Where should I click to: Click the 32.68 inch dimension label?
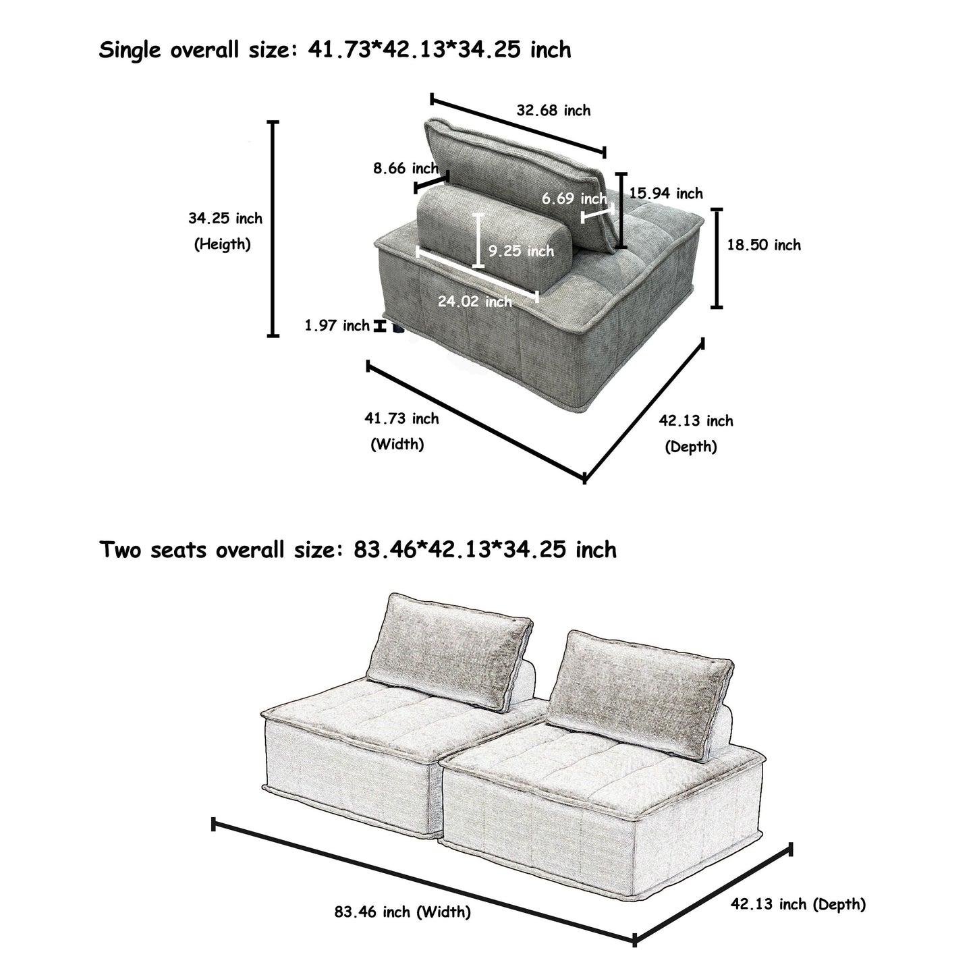(553, 110)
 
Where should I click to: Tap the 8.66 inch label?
(406, 168)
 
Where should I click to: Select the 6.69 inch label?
(574, 198)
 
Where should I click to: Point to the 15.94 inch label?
(666, 194)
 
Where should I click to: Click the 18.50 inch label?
(764, 245)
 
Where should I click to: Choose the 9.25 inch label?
(521, 251)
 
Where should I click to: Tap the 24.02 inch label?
(475, 301)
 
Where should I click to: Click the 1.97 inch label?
(337, 326)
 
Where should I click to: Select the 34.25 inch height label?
(225, 218)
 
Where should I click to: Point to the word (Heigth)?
(223, 244)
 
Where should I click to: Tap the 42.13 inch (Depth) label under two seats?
(798, 904)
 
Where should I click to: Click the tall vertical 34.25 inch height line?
(273, 229)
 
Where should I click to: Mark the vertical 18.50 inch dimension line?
(717, 258)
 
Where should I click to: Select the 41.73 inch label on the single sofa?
(401, 418)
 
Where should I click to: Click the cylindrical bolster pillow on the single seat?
(494, 233)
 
